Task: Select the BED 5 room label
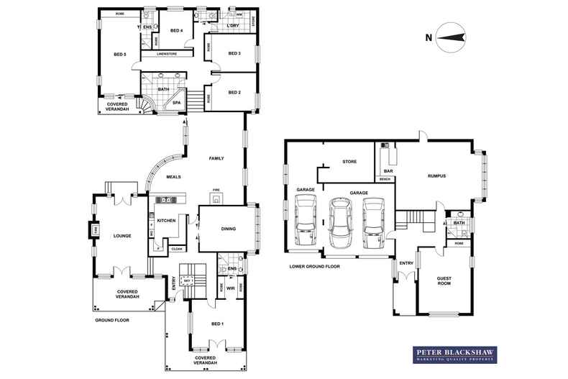[120, 55]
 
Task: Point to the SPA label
[176, 103]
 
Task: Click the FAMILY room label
[216, 158]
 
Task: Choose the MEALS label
[173, 177]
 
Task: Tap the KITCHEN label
[167, 221]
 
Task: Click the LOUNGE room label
[121, 235]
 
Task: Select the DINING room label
[229, 229]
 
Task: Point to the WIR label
[231, 288]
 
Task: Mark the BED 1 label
[218, 324]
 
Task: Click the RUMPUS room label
[436, 175]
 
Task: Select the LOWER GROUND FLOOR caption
[313, 266]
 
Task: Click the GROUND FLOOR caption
[111, 319]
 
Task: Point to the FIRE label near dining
[214, 190]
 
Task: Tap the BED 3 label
[234, 54]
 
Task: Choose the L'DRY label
[232, 27]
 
